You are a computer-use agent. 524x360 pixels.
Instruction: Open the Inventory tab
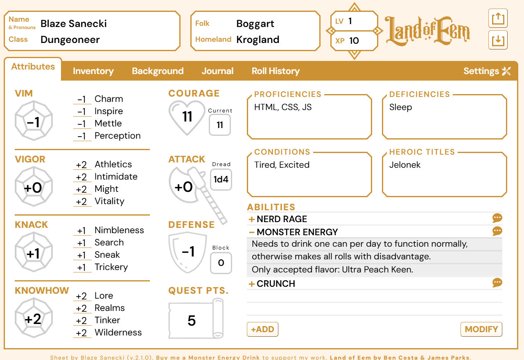tap(93, 71)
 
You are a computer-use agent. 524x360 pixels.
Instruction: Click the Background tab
tap(158, 71)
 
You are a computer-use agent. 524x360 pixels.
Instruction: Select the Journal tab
tap(217, 71)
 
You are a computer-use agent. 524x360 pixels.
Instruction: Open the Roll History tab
tap(276, 71)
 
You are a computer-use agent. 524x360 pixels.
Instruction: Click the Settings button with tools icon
tap(487, 71)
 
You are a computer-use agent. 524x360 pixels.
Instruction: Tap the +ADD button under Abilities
tap(262, 329)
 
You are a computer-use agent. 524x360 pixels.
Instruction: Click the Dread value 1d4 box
tap(221, 180)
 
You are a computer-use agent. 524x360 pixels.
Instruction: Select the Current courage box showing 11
tap(220, 125)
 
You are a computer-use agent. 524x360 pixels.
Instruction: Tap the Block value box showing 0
tap(221, 263)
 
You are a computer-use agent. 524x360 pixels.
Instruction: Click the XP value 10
tap(354, 40)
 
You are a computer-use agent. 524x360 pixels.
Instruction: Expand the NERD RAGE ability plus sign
tap(252, 219)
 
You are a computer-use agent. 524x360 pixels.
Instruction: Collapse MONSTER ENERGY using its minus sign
tap(252, 232)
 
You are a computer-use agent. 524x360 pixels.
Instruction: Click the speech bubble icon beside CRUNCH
tap(497, 283)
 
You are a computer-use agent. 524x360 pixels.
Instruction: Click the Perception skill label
tap(117, 136)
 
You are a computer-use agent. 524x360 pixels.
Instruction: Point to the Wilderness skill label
tap(118, 333)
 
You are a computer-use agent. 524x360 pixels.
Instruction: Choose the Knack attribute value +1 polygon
tap(34, 254)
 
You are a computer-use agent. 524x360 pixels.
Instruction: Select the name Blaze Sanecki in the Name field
tap(74, 24)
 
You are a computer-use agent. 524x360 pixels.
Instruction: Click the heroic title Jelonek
tap(405, 165)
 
